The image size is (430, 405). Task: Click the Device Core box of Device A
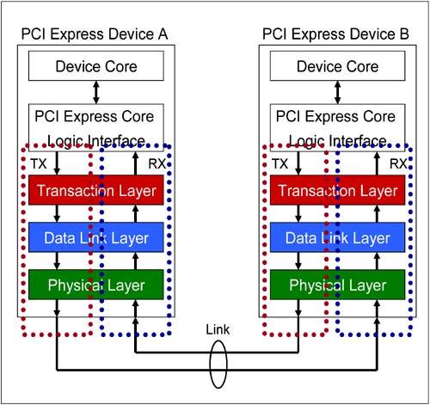coord(96,66)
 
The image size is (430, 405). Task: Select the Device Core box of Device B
coord(338,66)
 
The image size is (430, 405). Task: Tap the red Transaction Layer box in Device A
coord(96,190)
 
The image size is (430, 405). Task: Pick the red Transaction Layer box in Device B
coord(338,190)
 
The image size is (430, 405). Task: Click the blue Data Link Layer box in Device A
coord(96,237)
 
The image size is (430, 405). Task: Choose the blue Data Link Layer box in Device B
coord(338,237)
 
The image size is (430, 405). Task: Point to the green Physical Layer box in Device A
coord(96,285)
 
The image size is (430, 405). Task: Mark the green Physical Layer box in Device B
coord(338,285)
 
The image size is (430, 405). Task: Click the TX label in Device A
coord(39,164)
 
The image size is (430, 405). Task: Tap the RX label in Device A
coord(157,164)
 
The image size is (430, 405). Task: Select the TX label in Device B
coord(280,164)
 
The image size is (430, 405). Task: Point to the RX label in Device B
coord(398,164)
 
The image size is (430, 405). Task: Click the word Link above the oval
coord(218,329)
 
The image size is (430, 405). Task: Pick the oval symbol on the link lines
coord(210,364)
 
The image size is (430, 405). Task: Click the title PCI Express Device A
coord(95,34)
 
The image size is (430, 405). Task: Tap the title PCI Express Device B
coord(335,34)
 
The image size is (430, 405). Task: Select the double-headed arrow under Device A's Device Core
coord(96,92)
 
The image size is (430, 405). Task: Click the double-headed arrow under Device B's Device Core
coord(338,92)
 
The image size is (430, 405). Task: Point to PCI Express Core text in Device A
coord(95,117)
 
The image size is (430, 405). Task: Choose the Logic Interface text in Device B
coord(338,141)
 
